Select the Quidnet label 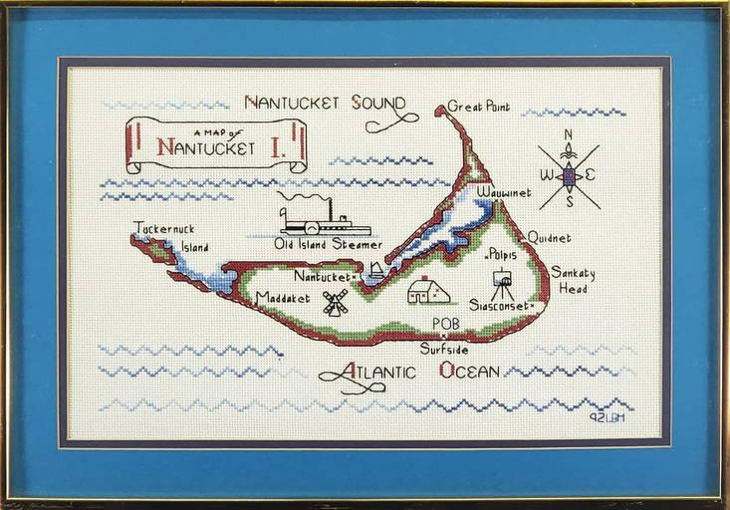click(550, 238)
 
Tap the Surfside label click(445, 350)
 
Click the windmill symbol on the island click(336, 302)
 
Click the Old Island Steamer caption click(328, 244)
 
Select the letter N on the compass click(569, 134)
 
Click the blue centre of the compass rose click(569, 176)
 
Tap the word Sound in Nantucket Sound click(377, 103)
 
